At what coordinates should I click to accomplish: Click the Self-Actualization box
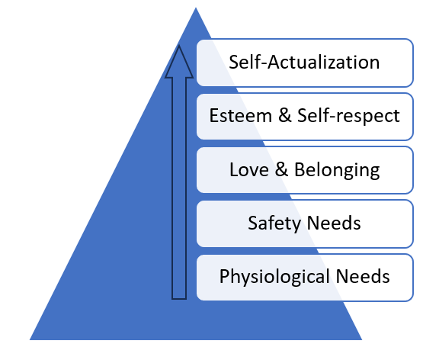[x=305, y=63]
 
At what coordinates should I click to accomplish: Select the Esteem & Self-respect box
[x=305, y=117]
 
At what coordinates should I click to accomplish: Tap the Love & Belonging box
[x=305, y=170]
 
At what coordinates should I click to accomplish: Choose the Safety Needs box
[x=305, y=223]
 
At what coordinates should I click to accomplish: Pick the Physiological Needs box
[x=305, y=278]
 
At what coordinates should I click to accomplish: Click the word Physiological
[x=274, y=278]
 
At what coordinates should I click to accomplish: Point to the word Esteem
[x=241, y=115]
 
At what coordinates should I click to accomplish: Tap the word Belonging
[x=337, y=170]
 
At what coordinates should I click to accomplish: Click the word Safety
[x=274, y=223]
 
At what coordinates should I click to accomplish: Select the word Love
[x=249, y=169]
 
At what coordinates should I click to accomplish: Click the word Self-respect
[x=348, y=116]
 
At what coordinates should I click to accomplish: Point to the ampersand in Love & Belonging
[x=281, y=169]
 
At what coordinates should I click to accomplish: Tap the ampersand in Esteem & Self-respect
[x=285, y=115]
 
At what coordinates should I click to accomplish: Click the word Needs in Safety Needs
[x=334, y=223]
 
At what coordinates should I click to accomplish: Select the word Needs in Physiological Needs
[x=363, y=277]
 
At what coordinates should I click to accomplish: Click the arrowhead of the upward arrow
[x=179, y=63]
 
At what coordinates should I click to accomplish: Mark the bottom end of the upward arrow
[x=179, y=299]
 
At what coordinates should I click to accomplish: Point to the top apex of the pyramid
[x=196, y=8]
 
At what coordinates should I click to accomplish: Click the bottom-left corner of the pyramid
[x=30, y=340]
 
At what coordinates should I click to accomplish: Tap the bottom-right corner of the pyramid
[x=362, y=340]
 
